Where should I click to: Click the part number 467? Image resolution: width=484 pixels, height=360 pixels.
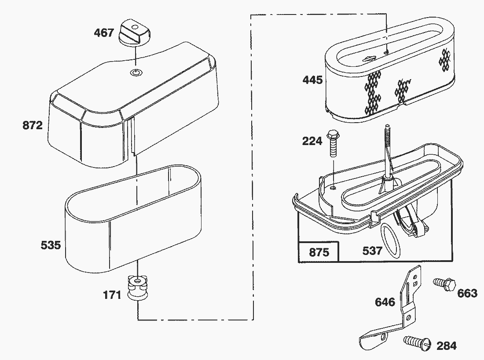[x=104, y=33]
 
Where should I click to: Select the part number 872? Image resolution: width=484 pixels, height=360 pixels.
[x=33, y=126]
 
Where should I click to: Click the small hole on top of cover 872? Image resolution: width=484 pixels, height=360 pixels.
[x=136, y=72]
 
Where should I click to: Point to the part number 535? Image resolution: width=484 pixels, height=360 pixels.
[x=51, y=245]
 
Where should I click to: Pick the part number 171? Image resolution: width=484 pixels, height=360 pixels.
[x=112, y=295]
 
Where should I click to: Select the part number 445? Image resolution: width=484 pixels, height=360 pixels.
[x=312, y=80]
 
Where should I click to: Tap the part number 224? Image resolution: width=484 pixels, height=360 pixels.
[x=312, y=141]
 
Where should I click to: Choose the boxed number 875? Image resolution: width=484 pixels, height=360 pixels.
[x=319, y=252]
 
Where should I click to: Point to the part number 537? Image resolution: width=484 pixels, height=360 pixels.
[x=372, y=251]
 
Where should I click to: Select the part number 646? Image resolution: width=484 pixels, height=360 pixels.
[x=385, y=302]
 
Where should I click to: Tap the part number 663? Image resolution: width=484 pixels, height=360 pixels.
[x=467, y=293]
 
